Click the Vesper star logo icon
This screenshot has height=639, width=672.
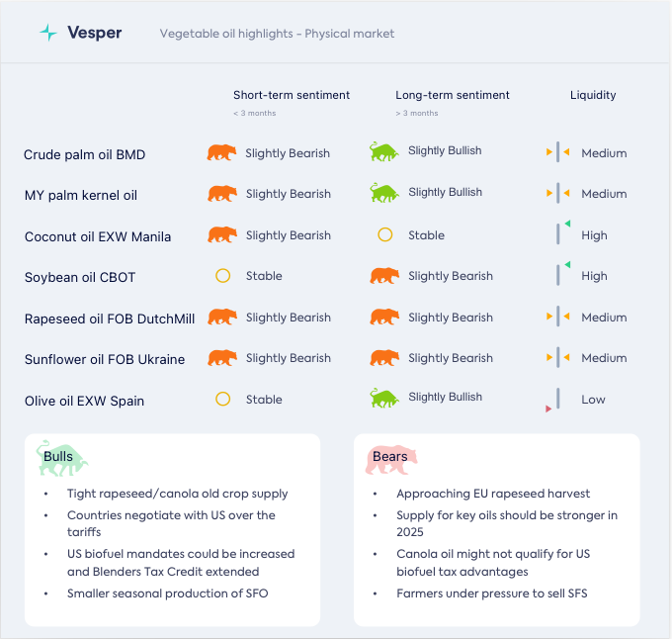pos(48,33)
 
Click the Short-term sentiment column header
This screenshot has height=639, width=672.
pos(292,95)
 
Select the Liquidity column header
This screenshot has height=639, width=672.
pos(593,95)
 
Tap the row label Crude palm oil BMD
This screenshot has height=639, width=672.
pos(85,154)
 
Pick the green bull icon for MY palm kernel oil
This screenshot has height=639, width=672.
pos(383,192)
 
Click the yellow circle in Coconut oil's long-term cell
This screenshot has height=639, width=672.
pos(385,235)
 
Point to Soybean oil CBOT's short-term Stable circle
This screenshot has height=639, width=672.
pos(222,276)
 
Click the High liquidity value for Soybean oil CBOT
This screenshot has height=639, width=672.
pos(594,276)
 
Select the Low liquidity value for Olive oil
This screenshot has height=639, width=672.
pos(593,400)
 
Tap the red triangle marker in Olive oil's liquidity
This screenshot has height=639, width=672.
pos(548,409)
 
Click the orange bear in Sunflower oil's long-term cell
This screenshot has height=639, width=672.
pos(384,358)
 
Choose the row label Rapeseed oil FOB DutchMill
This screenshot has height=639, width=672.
pos(110,319)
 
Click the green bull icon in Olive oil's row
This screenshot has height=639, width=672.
pos(383,398)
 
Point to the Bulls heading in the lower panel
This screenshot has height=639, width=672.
pos(58,457)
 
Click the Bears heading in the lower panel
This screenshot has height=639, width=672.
pos(389,457)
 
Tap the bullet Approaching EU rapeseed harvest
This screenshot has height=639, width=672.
pos(478,494)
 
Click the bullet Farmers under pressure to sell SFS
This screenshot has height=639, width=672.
pos(490,593)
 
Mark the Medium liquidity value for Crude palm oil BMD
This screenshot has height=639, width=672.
pos(604,153)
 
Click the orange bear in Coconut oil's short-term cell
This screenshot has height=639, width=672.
pos(222,235)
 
